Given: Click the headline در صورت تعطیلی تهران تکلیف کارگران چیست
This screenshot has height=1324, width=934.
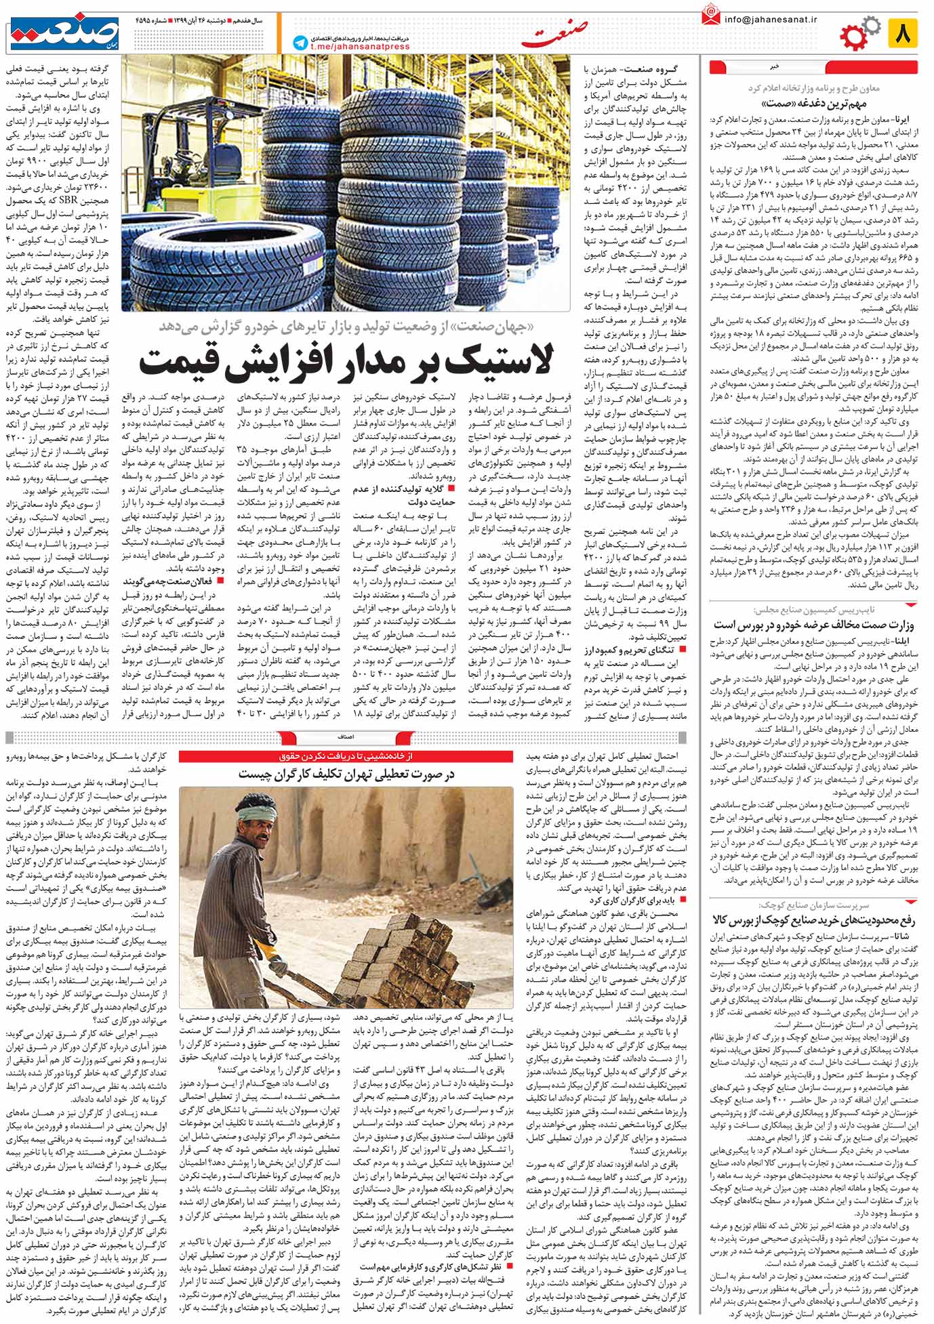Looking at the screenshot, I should [x=350, y=774].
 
